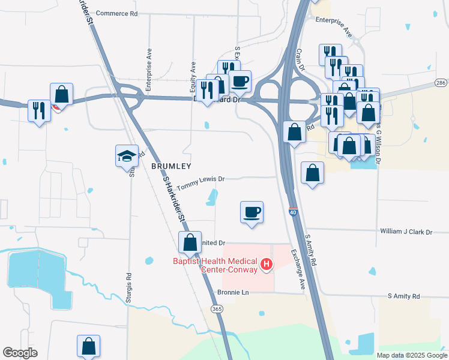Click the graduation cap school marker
coord(127,156)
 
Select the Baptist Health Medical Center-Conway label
coord(214,265)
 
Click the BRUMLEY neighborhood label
coord(171,166)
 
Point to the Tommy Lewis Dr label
coord(200,179)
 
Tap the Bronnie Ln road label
coord(233,292)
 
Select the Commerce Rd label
coord(116,13)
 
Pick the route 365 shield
coord(217,308)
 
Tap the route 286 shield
coord(441,82)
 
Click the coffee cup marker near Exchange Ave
coord(252,212)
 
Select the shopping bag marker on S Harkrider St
coord(190,242)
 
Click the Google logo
coord(20,353)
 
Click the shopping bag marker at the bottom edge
coord(88,346)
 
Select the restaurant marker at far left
coord(39,110)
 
